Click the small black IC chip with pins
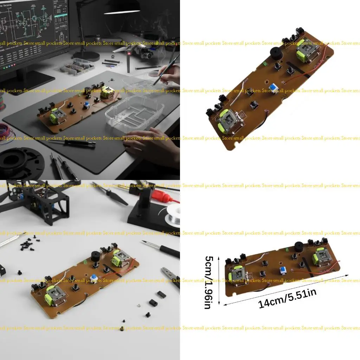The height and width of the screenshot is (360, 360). point(161,294)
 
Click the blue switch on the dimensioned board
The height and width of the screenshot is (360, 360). point(282,270)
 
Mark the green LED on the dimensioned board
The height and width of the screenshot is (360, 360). point(287,250)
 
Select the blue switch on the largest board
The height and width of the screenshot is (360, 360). point(273,88)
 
